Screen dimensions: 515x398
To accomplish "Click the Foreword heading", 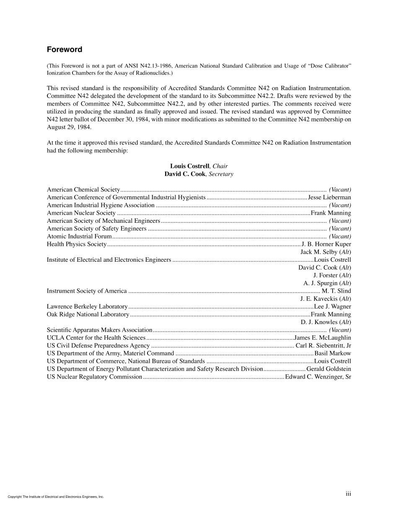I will (65, 50).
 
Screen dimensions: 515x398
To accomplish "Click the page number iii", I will (348, 494).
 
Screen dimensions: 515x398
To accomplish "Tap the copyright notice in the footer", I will (56, 497).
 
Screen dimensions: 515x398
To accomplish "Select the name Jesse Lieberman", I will (329, 197).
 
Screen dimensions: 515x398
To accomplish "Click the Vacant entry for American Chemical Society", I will (340, 190).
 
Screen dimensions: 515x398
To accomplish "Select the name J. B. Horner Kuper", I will (326, 244).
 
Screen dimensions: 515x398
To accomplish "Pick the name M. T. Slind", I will (336, 291).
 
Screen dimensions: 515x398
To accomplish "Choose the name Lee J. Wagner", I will (332, 306).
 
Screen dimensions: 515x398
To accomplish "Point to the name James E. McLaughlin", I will (323, 338).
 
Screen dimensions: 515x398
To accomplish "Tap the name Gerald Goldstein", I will (328, 369).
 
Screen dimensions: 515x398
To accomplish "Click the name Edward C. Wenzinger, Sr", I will (318, 377).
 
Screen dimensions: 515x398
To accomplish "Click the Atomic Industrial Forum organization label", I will (79, 237).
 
